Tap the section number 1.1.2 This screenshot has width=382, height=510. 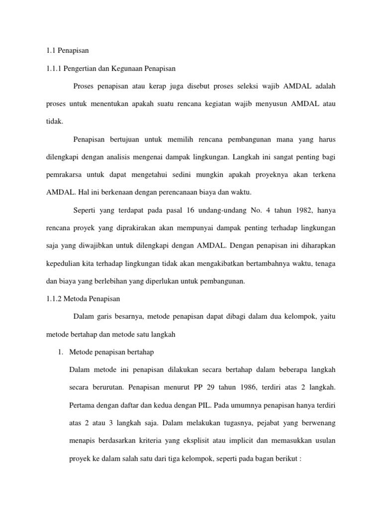click(x=49, y=299)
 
